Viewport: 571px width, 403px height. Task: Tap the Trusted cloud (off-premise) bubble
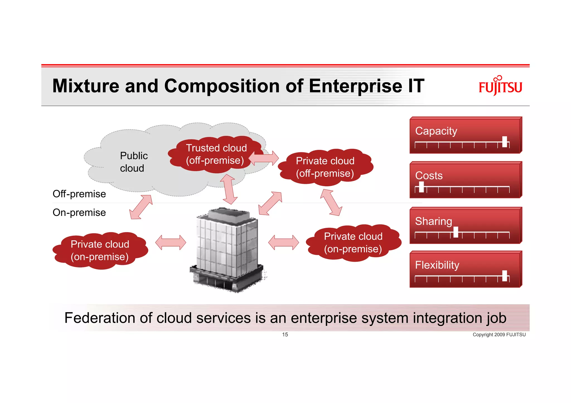[216, 154]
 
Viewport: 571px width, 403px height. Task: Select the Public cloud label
[133, 162]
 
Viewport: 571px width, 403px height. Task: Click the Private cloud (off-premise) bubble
[325, 167]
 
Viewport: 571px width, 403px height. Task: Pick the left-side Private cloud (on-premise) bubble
[100, 250]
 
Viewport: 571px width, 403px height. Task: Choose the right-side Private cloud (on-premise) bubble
[353, 243]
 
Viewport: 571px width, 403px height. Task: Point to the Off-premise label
[79, 194]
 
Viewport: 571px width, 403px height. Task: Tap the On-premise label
[79, 213]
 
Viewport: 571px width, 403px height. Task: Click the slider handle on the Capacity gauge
[504, 142]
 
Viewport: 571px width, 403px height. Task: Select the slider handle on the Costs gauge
[421, 187]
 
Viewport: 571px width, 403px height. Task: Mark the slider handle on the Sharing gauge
[456, 232]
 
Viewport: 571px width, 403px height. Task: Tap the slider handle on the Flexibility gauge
[504, 276]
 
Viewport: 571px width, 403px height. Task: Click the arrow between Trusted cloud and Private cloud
[263, 158]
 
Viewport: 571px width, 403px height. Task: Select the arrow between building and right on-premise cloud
[283, 242]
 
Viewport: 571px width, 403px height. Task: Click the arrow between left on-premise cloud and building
[170, 242]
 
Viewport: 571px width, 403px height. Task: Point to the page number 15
[285, 334]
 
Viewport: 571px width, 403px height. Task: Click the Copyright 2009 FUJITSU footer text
[499, 334]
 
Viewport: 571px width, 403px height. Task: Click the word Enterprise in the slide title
[355, 86]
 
